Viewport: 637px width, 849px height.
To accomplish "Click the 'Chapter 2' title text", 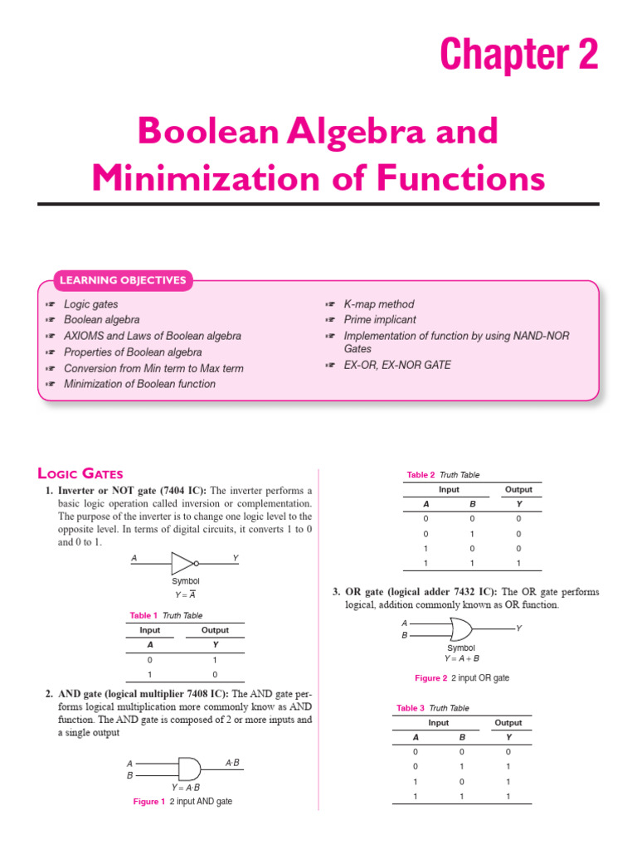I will [518, 55].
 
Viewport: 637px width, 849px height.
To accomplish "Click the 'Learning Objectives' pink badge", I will [122, 280].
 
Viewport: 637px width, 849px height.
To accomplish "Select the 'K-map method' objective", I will [378, 304].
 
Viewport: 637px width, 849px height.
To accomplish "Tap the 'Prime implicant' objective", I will [380, 320].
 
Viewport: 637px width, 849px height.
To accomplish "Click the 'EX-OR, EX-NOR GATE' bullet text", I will [397, 365].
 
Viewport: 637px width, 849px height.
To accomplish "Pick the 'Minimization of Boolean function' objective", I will [139, 384].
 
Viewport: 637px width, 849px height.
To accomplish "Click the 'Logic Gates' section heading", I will [80, 474].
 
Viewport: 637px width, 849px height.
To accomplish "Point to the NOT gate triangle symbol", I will [183, 564].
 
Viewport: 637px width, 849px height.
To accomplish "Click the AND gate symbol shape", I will [187, 768].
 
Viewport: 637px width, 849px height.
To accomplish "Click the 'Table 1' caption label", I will [142, 615].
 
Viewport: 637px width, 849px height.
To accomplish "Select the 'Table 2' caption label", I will [421, 475].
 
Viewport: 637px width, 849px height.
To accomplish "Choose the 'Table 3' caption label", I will [411, 708].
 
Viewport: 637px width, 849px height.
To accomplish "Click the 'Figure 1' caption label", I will [149, 802].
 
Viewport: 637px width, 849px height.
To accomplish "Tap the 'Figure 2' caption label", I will [430, 678].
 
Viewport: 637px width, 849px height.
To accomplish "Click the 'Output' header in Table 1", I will [215, 630].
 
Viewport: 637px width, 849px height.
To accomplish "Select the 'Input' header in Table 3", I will [438, 723].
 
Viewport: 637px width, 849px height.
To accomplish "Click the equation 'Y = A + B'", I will [461, 658].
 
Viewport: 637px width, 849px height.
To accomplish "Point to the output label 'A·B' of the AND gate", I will [232, 761].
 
